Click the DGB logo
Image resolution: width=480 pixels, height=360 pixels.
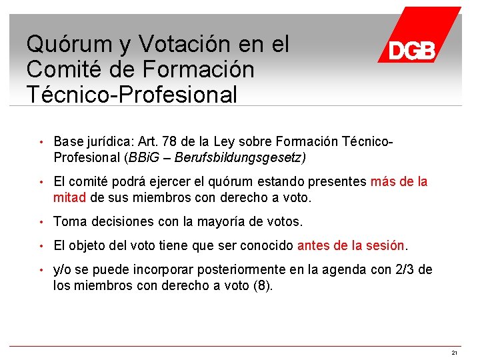click(413, 49)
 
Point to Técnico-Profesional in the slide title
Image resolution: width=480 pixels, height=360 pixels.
click(132, 95)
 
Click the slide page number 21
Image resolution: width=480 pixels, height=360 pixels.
click(454, 352)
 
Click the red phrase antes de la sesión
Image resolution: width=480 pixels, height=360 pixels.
click(351, 245)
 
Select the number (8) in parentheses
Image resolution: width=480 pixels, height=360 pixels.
click(263, 286)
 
